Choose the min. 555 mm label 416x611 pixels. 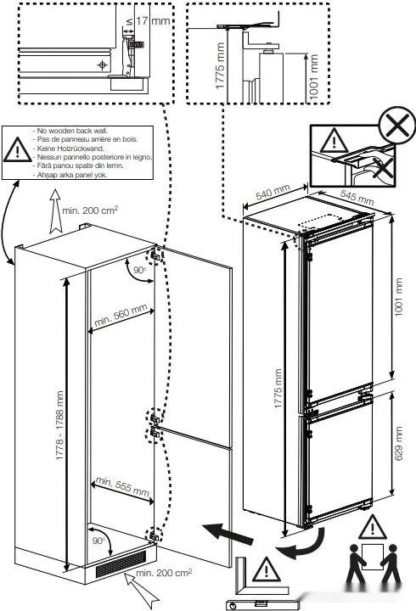[122, 486]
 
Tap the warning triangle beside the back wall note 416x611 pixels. [15, 151]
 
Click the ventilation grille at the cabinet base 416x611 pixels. [118, 565]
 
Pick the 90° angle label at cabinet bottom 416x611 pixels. [98, 541]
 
